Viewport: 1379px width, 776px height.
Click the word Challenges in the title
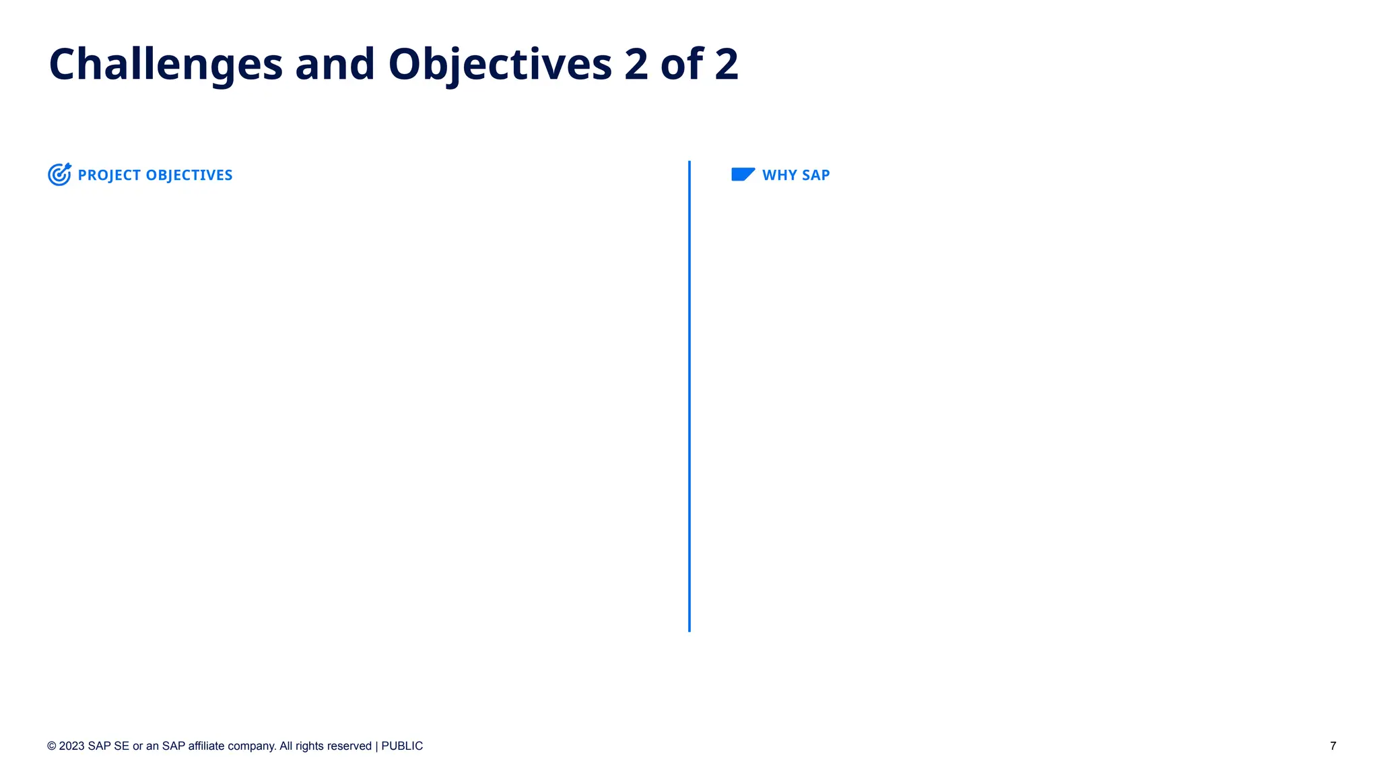pos(166,65)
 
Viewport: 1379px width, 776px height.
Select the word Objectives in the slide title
pos(500,65)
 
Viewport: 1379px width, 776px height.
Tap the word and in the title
pos(335,65)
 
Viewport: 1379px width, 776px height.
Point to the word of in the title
pos(682,65)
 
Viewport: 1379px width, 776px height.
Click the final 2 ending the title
pos(726,65)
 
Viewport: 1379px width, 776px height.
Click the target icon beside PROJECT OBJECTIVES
pos(59,174)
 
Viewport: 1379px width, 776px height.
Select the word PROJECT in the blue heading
pos(109,175)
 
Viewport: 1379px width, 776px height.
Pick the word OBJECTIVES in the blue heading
pos(189,175)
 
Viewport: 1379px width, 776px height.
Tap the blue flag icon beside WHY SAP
pos(743,174)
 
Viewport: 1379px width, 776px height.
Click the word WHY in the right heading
pos(779,175)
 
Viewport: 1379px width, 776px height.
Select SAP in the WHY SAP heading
pos(815,175)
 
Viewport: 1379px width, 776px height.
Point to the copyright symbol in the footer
pos(52,746)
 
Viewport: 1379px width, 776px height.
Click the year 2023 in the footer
pos(72,746)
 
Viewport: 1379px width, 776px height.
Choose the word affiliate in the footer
pos(207,746)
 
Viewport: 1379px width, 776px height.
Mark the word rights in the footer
pos(310,746)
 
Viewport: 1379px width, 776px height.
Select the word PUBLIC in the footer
pos(402,746)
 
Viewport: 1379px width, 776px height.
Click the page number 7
pos(1333,746)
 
